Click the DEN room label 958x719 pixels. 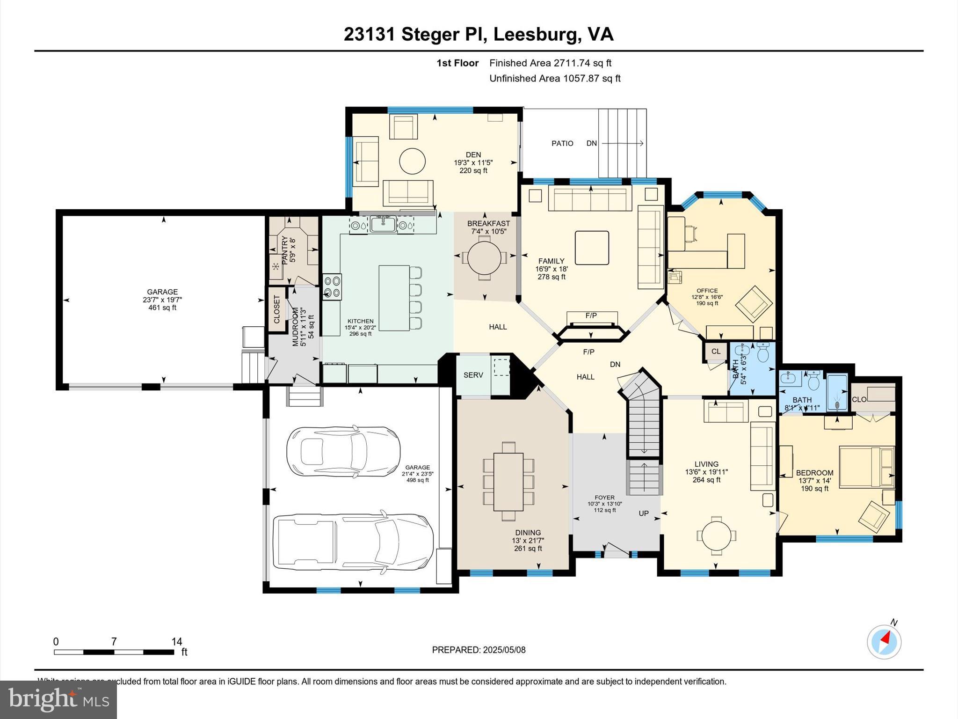point(473,155)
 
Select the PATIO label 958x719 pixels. point(562,143)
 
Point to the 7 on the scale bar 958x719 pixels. point(114,641)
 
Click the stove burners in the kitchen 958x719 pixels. point(332,286)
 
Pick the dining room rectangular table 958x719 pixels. point(508,482)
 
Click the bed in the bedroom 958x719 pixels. point(866,467)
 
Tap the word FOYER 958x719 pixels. point(604,498)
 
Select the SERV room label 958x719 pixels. point(473,375)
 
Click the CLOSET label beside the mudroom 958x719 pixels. point(276,309)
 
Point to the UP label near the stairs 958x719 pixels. point(644,513)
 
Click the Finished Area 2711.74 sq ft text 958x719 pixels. point(550,63)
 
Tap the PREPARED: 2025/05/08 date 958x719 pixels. point(479,650)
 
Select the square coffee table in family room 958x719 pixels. point(592,248)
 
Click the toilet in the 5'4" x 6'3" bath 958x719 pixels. point(762,354)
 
